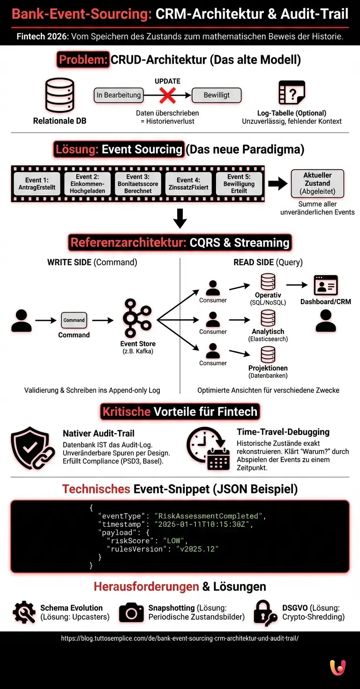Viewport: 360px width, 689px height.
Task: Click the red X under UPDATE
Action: [x=167, y=95]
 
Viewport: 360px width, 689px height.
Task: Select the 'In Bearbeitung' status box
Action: [x=119, y=95]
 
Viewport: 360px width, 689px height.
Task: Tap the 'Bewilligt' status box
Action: [x=217, y=95]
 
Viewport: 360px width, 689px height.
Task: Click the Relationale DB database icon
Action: [x=60, y=96]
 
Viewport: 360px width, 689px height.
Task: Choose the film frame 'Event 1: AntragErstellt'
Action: [x=37, y=184]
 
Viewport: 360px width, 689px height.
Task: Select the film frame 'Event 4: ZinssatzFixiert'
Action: [x=188, y=184]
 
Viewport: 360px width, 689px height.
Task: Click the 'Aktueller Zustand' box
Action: [x=317, y=183]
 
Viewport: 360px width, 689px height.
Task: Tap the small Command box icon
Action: [x=74, y=321]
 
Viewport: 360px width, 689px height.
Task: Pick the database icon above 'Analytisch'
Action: [x=268, y=318]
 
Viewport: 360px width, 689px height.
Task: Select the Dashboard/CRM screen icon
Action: [x=325, y=285]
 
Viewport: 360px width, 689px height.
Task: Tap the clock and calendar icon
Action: [x=208, y=448]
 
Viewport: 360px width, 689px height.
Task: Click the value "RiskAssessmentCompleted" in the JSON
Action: [x=209, y=516]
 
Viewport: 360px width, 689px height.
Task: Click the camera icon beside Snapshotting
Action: [x=131, y=613]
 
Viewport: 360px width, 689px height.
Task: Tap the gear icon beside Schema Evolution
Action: [x=24, y=613]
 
